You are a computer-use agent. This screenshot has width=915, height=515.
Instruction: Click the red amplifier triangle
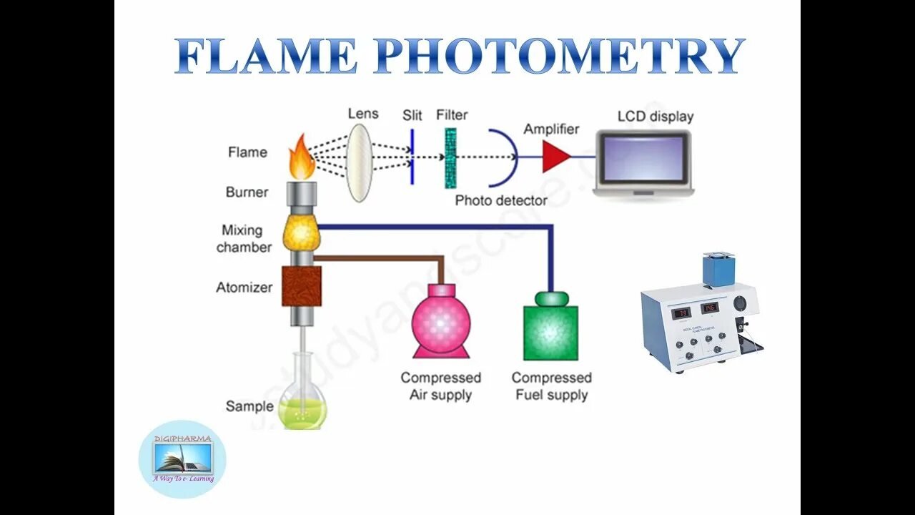(555, 157)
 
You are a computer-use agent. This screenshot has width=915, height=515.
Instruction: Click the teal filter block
(450, 158)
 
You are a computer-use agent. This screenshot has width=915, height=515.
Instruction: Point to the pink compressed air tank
(442, 322)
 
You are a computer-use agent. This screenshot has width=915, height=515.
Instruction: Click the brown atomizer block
(302, 286)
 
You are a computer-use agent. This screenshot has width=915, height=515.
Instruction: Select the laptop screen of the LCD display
(643, 159)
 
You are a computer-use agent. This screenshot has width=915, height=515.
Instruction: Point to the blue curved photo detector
(505, 156)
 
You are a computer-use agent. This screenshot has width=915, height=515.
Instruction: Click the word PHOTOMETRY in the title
(559, 57)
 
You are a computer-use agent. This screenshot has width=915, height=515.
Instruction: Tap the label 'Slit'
(412, 115)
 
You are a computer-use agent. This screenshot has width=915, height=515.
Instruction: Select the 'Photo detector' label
(501, 200)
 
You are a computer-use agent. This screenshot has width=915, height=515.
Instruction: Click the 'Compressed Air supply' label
(440, 386)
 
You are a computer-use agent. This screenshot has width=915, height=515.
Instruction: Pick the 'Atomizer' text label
(244, 288)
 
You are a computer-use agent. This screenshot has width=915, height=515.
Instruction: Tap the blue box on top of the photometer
(719, 270)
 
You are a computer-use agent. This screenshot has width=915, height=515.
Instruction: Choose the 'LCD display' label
(655, 116)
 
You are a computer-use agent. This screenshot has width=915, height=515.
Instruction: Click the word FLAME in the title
(266, 57)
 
